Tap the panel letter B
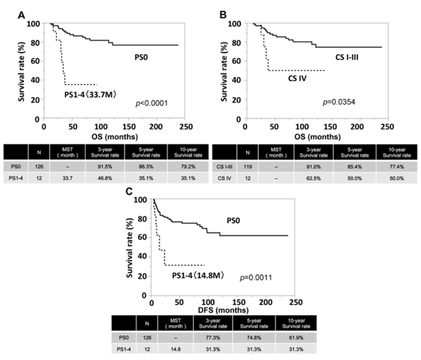pyautogui.click(x=224, y=14)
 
